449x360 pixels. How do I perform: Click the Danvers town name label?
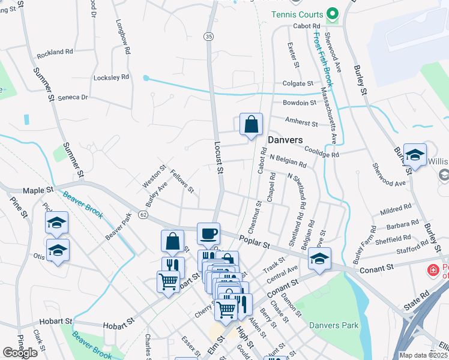[285, 139]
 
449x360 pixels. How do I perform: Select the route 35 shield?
[208, 37]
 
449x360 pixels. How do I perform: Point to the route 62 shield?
[143, 214]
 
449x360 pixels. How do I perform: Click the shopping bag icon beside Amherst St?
[251, 124]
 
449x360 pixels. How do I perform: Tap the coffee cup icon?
[208, 233]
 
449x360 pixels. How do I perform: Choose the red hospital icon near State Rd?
[432, 271]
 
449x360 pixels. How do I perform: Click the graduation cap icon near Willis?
[415, 155]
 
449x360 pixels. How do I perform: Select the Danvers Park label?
[334, 326]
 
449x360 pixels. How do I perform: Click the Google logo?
[20, 353]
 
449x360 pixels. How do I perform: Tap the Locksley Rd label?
[111, 77]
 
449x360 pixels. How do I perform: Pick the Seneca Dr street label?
[73, 97]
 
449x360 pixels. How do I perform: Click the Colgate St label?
[298, 84]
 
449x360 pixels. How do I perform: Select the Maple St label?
[38, 190]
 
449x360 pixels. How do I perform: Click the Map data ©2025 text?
[423, 355]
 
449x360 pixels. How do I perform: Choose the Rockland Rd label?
[54, 53]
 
